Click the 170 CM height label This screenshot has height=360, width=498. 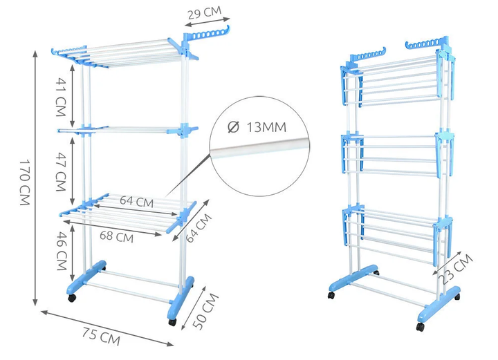coord(25,182)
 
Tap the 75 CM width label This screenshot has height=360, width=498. coord(101,336)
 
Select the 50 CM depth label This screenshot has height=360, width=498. coord(205,311)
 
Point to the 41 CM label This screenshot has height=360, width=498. coord(61,97)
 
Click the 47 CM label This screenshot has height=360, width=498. coord(61,171)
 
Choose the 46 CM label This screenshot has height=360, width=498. coord(62,251)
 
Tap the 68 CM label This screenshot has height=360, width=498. coord(116,236)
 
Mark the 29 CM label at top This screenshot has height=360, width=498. coord(204,13)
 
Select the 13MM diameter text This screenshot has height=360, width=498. coord(266,127)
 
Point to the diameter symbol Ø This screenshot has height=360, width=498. coord(234,127)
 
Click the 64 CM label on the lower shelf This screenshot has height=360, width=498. coord(136,201)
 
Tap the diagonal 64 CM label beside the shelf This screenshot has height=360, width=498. coord(199,228)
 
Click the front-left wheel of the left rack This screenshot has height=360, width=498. coord(73,298)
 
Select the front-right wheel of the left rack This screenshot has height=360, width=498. coord(172,322)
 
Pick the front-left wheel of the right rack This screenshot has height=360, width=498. coord(331,295)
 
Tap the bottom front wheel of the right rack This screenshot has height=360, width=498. coord(421,327)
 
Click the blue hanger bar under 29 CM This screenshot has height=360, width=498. coord(206,34)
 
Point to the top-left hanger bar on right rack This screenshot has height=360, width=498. coord(368,55)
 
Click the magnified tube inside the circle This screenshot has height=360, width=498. coord(261,147)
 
